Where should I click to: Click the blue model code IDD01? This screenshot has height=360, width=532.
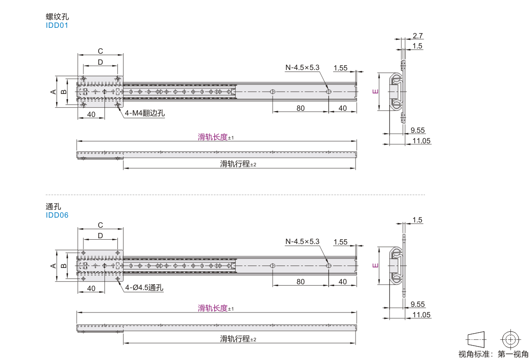(57, 25)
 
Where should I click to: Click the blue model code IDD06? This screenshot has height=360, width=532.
(57, 215)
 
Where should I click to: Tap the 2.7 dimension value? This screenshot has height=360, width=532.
(418, 35)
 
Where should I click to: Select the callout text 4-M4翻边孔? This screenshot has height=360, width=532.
(145, 113)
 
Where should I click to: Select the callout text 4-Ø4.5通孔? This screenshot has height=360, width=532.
(144, 288)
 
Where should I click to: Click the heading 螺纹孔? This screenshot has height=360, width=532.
(58, 16)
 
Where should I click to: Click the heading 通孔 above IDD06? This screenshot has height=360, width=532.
(53, 206)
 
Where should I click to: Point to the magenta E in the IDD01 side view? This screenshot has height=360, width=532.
(375, 91)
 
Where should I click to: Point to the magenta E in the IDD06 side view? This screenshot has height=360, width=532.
(375, 266)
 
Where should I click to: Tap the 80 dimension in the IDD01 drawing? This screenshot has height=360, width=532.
(300, 108)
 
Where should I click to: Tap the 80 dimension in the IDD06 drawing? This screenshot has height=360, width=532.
(300, 281)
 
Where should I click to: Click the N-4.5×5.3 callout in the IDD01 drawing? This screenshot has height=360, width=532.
(302, 68)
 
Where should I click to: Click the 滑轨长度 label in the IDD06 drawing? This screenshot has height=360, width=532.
(213, 308)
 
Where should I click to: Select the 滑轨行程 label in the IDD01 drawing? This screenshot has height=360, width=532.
(235, 164)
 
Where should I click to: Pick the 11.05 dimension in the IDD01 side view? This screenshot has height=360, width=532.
(421, 141)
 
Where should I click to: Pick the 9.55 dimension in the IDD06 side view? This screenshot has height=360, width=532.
(417, 304)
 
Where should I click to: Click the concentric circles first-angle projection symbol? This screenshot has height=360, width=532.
(510, 339)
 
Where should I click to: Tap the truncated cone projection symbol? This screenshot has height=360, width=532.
(476, 339)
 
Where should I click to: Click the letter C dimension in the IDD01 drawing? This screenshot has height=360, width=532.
(101, 51)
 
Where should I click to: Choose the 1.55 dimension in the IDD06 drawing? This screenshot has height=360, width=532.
(340, 242)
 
